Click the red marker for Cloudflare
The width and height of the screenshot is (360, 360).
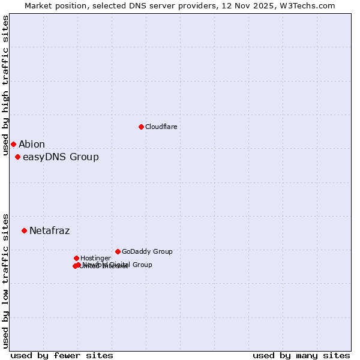(x=141, y=127)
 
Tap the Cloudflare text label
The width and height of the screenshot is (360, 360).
(x=161, y=127)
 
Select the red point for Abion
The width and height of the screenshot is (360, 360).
(x=13, y=144)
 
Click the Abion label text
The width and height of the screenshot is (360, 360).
(x=32, y=145)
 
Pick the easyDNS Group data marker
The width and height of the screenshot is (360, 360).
(x=17, y=157)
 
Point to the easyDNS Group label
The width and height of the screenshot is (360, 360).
(x=61, y=157)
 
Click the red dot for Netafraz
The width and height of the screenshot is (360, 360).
(x=24, y=230)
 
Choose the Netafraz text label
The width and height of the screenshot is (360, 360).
(x=50, y=231)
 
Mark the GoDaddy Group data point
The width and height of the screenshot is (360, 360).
(x=118, y=251)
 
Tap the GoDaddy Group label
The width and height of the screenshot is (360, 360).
(x=147, y=252)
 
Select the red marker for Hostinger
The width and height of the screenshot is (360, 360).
(x=76, y=258)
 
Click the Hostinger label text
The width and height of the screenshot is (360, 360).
(x=95, y=259)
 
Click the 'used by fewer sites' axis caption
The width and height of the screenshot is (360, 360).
(x=62, y=355)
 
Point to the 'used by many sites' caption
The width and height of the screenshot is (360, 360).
(x=301, y=355)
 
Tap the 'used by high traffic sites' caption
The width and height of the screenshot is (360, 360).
(x=6, y=85)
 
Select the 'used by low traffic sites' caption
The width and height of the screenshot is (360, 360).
(x=6, y=280)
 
